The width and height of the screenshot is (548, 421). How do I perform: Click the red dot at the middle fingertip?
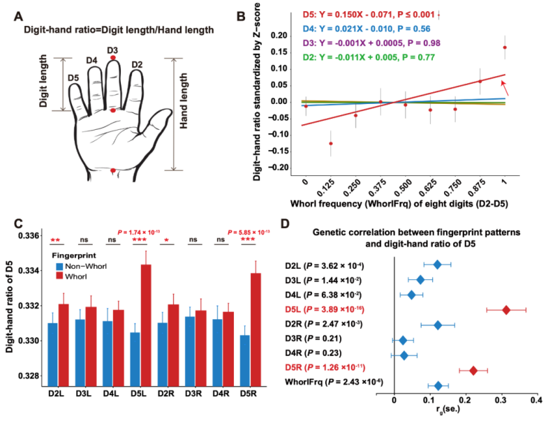113,58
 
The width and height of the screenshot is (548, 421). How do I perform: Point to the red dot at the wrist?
113,170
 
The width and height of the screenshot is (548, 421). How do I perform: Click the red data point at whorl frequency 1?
504,47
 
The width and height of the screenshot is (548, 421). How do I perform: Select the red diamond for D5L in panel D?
506,309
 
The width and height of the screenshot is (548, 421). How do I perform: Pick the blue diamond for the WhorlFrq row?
438,385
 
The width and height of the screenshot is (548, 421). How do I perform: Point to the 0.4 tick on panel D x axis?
536,404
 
